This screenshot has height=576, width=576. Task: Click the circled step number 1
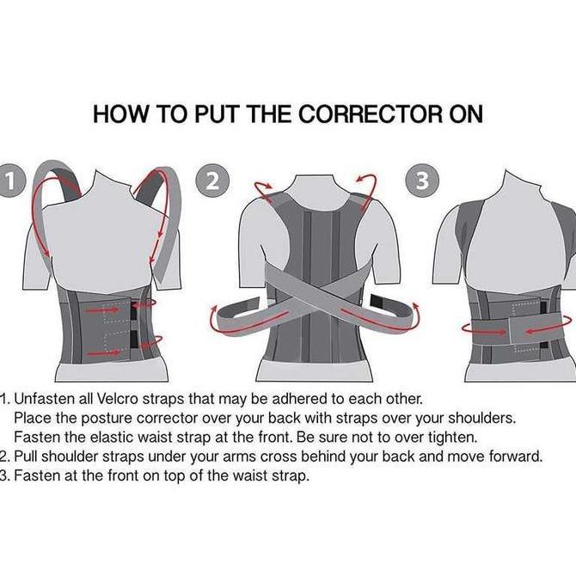(11, 181)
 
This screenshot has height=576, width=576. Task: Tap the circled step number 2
(212, 181)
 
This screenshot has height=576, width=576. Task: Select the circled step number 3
(422, 181)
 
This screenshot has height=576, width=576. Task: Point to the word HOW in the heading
(120, 113)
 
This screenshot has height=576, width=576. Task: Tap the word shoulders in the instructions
(481, 418)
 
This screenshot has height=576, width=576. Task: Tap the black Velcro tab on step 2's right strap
(377, 301)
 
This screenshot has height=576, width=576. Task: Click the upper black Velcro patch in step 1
(134, 310)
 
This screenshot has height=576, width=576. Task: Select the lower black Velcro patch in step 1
(134, 339)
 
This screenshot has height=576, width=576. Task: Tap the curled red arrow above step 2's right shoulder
(367, 190)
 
